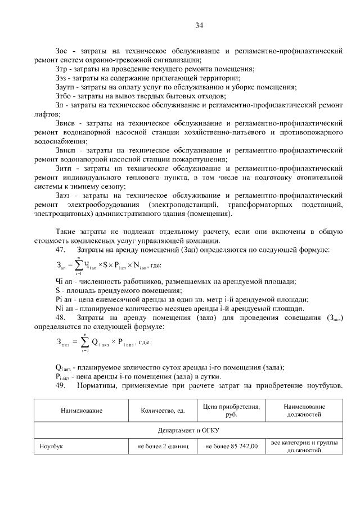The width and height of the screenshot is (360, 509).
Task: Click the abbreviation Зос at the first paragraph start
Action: point(63,51)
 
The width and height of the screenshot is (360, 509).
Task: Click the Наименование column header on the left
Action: point(82,411)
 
